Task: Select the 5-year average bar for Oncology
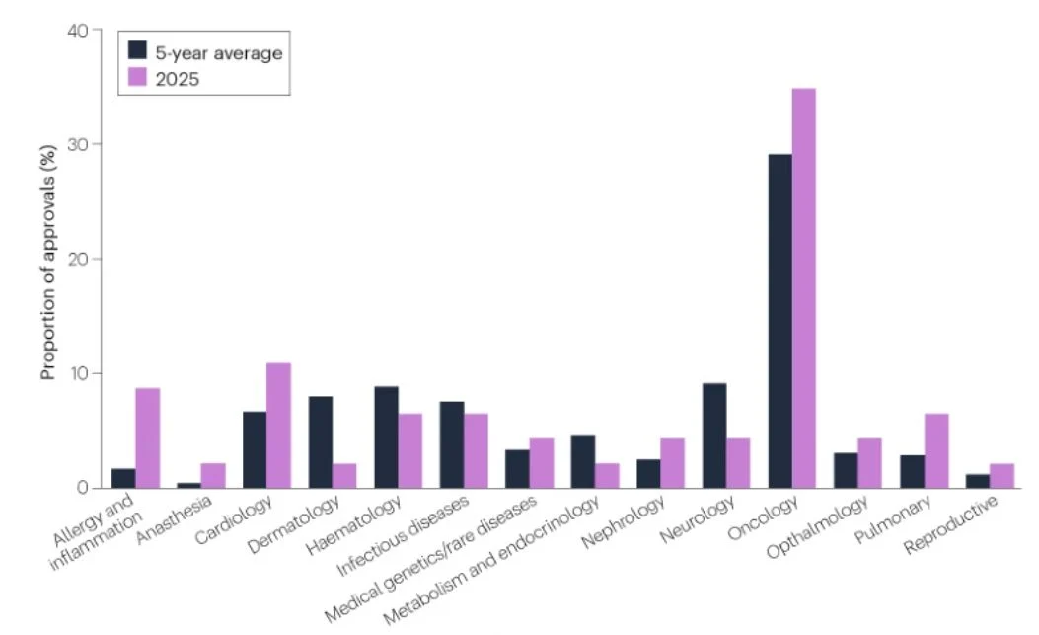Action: [x=779, y=321]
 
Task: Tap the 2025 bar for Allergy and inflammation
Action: [x=148, y=437]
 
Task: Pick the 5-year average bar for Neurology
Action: [x=714, y=436]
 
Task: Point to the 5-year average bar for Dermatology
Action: [x=321, y=441]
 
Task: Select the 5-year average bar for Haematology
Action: [x=386, y=437]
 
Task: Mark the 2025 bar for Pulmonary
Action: [x=935, y=450]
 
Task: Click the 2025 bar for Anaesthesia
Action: [x=213, y=475]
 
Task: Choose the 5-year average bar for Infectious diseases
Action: [x=452, y=444]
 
